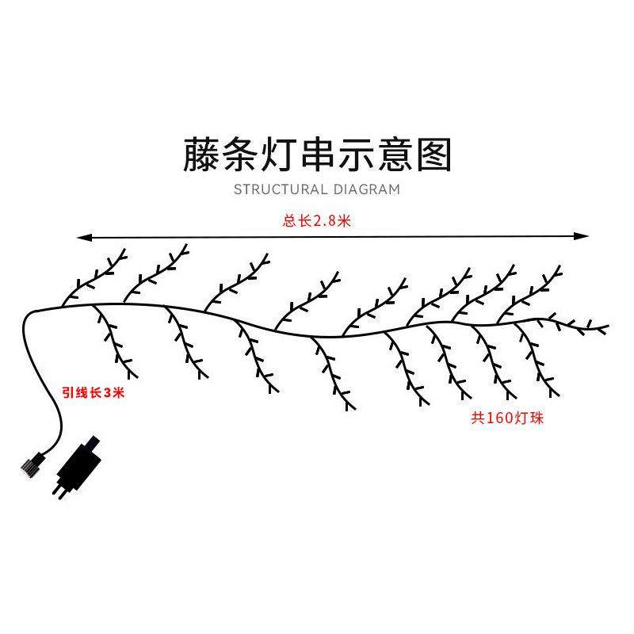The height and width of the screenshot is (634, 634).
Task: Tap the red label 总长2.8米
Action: pyautogui.click(x=316, y=221)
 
